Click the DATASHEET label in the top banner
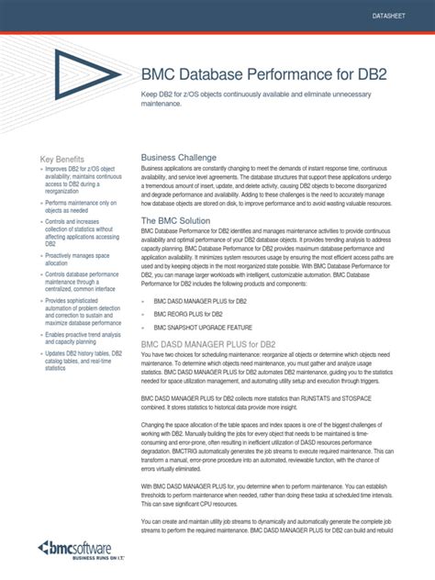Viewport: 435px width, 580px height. tap(392, 18)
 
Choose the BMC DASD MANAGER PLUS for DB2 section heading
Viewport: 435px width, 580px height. tap(213, 343)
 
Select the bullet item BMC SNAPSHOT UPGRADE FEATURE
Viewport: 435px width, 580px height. tap(204, 327)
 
